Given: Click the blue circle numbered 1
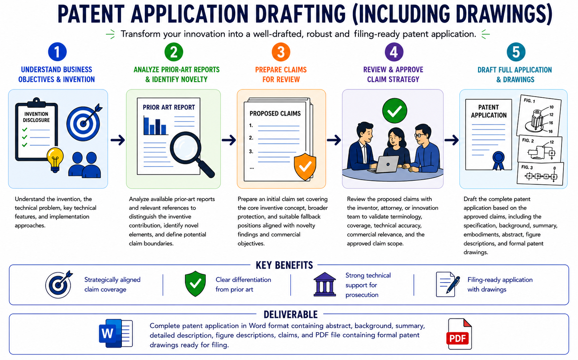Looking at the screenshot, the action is [57, 52].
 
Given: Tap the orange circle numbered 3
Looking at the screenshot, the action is [281, 52].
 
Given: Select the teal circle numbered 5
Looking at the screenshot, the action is [516, 52].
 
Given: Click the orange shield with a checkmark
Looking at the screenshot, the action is [305, 167].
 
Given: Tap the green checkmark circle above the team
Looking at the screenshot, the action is [395, 111].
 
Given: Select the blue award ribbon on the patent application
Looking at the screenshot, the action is [498, 160].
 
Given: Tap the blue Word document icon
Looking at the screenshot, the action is [116, 333].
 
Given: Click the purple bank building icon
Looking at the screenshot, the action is [324, 284].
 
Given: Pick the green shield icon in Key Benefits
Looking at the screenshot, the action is [195, 283].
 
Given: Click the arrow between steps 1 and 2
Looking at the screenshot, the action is [117, 140].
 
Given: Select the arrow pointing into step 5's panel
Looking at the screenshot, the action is [451, 140].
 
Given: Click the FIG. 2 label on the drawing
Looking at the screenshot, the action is [528, 140].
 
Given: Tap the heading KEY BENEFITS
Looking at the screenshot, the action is [284, 265].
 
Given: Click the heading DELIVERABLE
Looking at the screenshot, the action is [291, 315].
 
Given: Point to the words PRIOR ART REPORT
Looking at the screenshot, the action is [169, 107].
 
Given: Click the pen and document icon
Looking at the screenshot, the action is [448, 284].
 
